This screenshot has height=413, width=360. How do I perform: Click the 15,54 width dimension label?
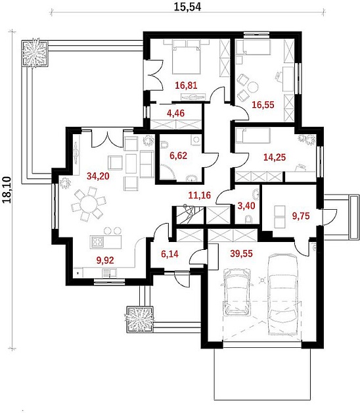pos(187,7)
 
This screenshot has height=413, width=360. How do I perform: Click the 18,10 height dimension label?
pos(7,189)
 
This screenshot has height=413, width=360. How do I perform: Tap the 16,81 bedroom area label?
pos(186,85)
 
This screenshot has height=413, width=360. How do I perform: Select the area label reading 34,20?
pos(98,176)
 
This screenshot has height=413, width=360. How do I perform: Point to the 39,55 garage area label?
pos(241,253)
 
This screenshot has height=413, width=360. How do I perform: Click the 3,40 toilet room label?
pos(246,206)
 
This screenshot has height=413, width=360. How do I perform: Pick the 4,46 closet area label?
pos(176,113)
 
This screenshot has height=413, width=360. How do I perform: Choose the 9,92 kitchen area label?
pos(105,260)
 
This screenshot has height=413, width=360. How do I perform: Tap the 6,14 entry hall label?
pos(169,254)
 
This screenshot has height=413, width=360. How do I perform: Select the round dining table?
pos(89,204)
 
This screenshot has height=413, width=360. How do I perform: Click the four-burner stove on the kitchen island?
pos(97,242)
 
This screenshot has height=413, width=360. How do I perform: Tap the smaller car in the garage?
pos(237,292)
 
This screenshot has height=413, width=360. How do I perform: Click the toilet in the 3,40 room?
pos(248,220)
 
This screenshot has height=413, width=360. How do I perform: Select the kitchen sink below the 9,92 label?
pos(109,272)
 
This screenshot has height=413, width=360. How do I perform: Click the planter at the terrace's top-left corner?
pos(34,54)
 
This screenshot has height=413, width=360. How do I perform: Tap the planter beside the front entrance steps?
pos(139,319)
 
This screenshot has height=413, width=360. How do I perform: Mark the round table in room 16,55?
pos(253,87)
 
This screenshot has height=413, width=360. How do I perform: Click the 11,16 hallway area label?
pos(200,195)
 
